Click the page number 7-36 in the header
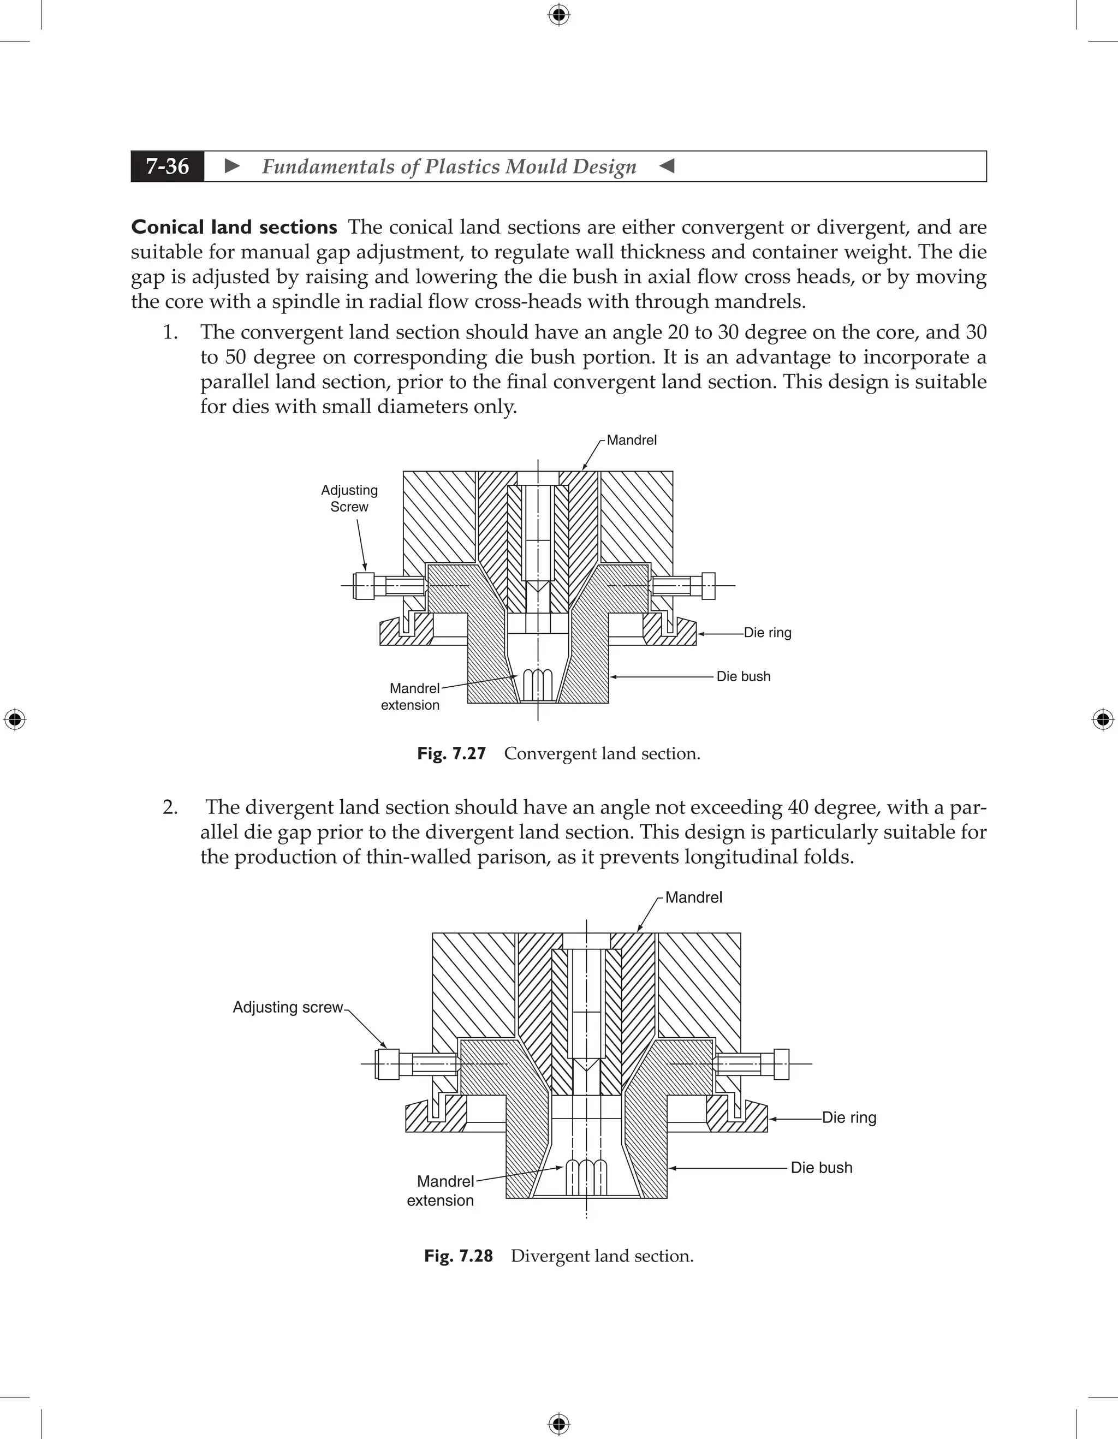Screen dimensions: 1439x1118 click(168, 166)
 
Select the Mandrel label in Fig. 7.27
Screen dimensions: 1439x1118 click(631, 440)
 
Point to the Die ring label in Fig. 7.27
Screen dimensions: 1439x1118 click(767, 633)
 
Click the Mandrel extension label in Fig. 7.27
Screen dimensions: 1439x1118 click(411, 697)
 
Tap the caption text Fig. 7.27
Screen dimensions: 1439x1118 click(451, 753)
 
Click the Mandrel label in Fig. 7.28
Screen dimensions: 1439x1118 click(693, 897)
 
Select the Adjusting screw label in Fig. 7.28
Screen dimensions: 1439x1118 click(287, 1007)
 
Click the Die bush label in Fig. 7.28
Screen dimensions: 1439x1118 click(821, 1167)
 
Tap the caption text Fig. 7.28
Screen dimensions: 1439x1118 click(459, 1256)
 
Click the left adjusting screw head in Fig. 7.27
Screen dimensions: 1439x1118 click(364, 585)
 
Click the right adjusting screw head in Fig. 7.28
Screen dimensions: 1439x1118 click(781, 1063)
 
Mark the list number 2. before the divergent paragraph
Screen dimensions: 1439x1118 click(170, 807)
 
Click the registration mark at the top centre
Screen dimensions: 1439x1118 click(558, 15)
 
